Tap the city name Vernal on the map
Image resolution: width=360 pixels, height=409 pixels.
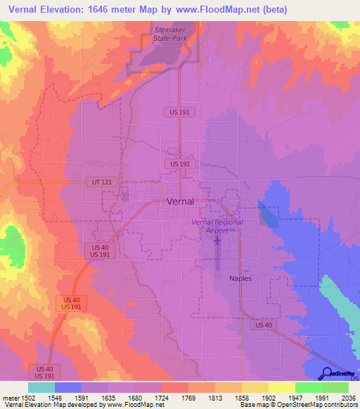pyautogui.click(x=185, y=201)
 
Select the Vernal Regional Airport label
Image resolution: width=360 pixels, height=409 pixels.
pyautogui.click(x=217, y=226)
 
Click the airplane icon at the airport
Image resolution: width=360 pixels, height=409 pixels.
pyautogui.click(x=217, y=241)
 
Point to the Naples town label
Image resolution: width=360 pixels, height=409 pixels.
pyautogui.click(x=240, y=278)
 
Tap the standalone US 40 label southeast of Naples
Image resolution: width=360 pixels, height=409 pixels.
pyautogui.click(x=264, y=325)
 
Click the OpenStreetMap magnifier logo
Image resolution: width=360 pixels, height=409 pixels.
pyautogui.click(x=328, y=373)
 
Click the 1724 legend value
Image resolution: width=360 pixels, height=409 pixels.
pyautogui.click(x=160, y=398)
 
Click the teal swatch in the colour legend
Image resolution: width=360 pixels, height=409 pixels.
pyautogui.click(x=41, y=387)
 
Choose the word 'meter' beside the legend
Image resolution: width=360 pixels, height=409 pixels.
pyautogui.click(x=9, y=398)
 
